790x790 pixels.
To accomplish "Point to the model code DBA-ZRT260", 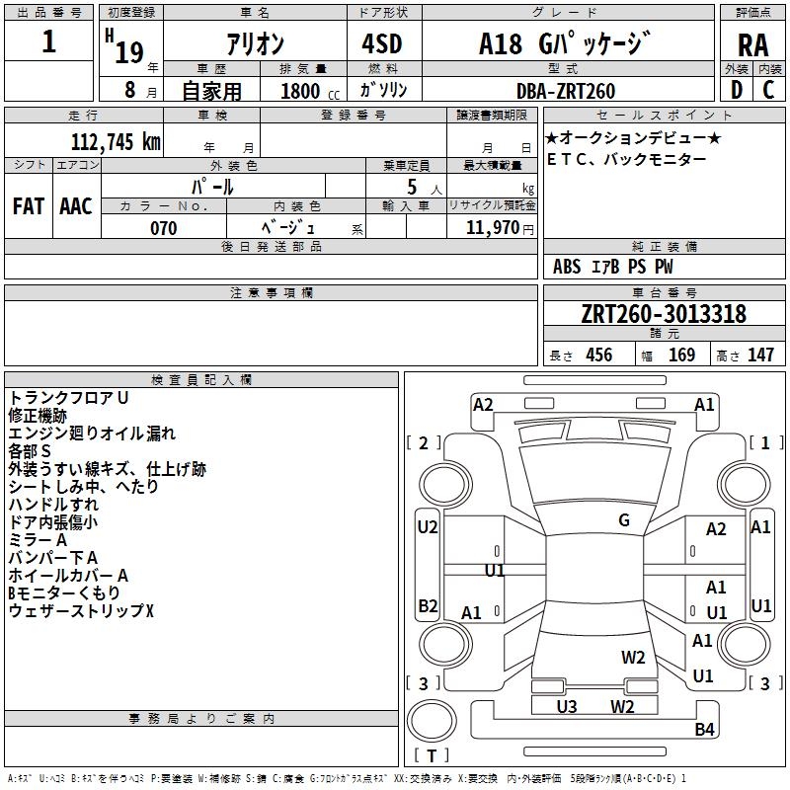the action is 566,91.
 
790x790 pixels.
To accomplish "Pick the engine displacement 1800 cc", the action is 303,91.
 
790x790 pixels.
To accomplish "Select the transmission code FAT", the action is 29,206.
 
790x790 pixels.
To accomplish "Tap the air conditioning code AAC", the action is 76,206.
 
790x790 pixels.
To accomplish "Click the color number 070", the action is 164,228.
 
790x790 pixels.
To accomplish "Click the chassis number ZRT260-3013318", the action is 663,314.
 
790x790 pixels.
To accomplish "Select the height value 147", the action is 760,355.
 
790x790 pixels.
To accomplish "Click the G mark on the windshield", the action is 624,520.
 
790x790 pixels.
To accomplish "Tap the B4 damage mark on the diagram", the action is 704,730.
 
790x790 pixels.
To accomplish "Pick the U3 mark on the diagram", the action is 567,706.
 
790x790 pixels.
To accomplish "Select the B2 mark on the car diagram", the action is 428,605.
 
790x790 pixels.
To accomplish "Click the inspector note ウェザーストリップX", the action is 82,611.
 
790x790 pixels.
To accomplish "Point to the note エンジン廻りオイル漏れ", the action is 92,434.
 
